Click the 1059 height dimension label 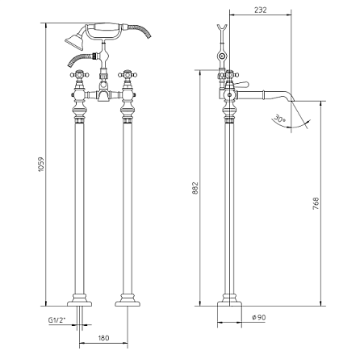40,165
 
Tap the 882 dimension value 195,188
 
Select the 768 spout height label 316,203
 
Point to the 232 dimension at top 261,10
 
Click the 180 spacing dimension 103,337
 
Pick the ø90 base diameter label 259,317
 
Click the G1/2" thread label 57,320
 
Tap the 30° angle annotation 279,119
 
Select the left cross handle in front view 79,73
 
